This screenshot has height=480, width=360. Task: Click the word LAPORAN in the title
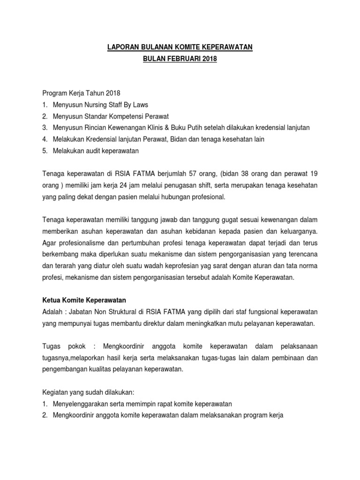tap(122, 47)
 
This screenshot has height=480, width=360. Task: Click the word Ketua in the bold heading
tap(52, 300)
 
